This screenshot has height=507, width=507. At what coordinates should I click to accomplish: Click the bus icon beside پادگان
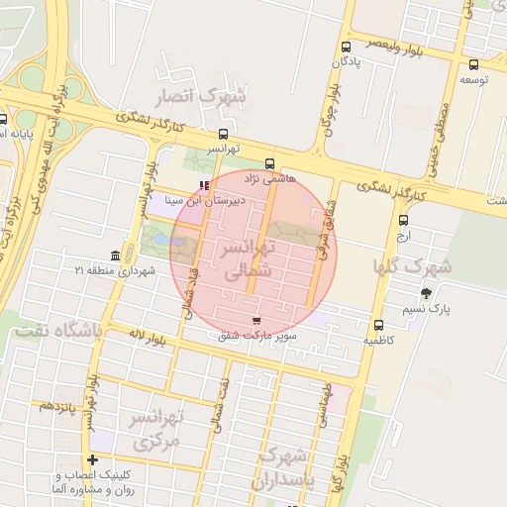tap(346, 48)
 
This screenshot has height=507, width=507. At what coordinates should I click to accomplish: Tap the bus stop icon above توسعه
tap(474, 64)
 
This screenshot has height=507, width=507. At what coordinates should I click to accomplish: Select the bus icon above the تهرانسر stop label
tap(223, 134)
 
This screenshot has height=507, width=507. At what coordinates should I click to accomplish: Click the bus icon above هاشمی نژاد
tap(269, 163)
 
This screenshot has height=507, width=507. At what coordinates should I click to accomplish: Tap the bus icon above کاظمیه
tap(378, 325)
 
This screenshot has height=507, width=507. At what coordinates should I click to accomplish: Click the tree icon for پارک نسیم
tap(426, 293)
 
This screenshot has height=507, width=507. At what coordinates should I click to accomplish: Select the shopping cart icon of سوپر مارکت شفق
tap(257, 321)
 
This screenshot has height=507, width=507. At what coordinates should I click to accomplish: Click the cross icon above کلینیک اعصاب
tap(92, 459)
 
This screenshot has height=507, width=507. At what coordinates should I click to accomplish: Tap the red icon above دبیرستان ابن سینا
tap(204, 185)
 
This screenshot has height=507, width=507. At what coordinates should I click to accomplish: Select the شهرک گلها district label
tap(412, 266)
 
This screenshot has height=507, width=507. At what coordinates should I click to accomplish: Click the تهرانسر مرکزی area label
tap(157, 429)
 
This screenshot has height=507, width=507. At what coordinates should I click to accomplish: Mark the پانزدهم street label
tap(57, 407)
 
